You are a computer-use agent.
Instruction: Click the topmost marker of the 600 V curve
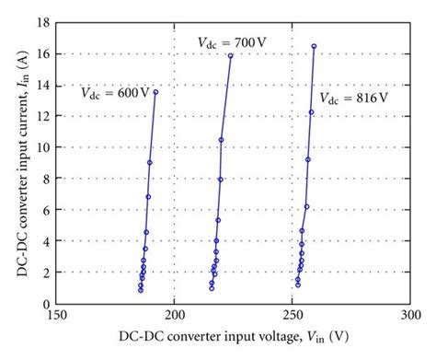click(155, 92)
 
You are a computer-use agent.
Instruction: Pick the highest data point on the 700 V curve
click(231, 56)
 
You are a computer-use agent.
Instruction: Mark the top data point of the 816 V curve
click(314, 46)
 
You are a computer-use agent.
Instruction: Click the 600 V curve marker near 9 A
click(150, 163)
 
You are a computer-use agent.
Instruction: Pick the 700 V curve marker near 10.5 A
click(222, 140)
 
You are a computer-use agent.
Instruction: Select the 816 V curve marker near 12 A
click(311, 112)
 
